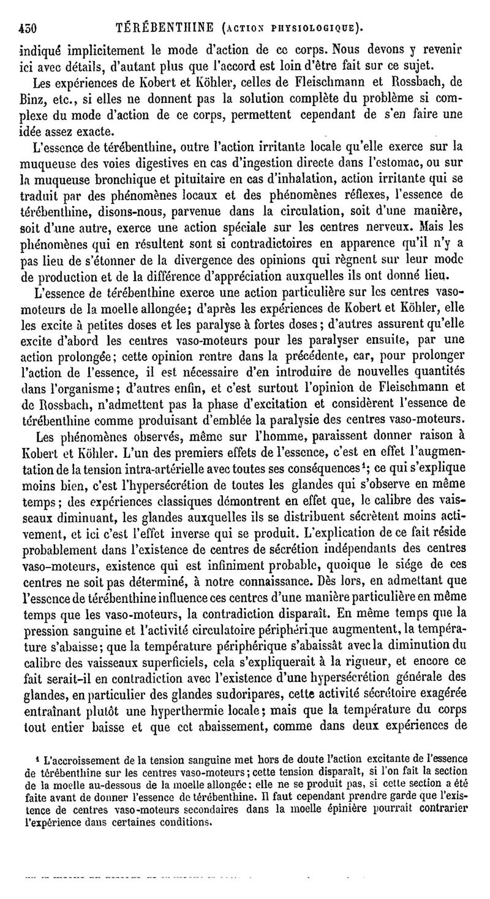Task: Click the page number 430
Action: coord(28,27)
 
